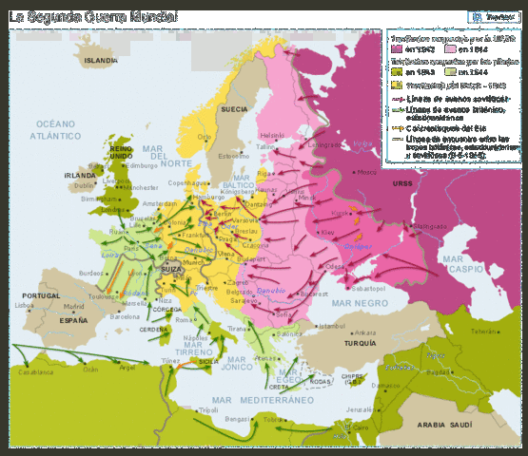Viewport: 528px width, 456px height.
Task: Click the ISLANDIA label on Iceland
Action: click(x=101, y=60)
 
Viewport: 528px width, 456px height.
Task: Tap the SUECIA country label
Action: click(x=234, y=109)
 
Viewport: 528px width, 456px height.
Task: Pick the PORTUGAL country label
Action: click(x=39, y=295)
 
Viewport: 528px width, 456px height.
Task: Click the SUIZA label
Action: click(x=171, y=269)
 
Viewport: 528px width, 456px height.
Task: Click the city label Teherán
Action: click(x=485, y=332)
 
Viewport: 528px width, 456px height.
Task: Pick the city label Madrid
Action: click(x=73, y=307)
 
